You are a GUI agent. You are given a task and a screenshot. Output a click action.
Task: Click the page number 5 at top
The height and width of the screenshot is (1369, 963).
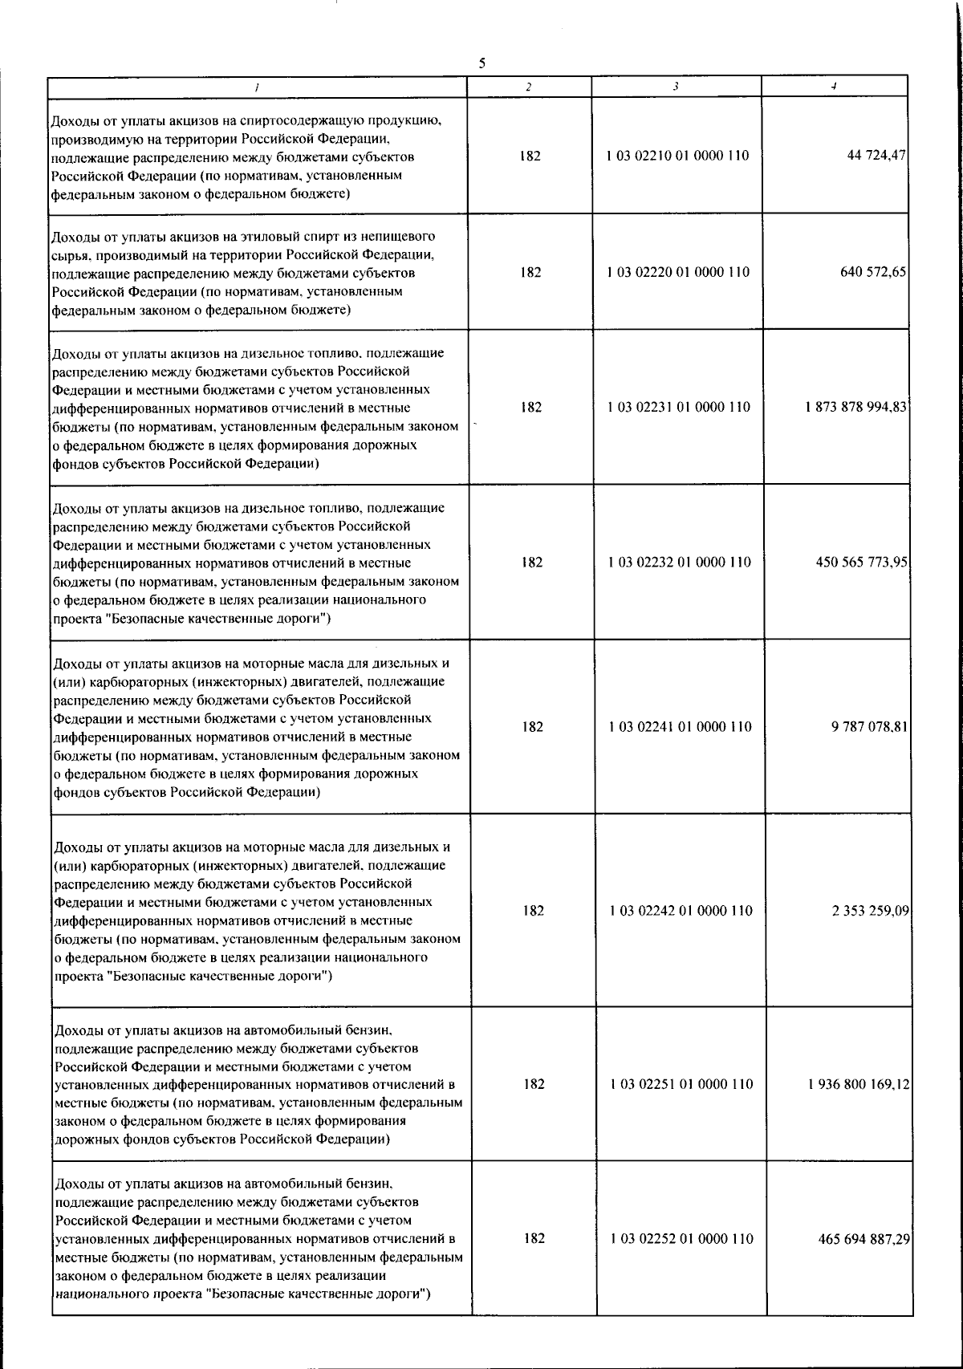coord(481,63)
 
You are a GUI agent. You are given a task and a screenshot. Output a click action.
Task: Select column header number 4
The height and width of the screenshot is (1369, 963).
coord(835,87)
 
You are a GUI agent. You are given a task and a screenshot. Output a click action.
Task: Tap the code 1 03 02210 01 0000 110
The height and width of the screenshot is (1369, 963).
coord(679,156)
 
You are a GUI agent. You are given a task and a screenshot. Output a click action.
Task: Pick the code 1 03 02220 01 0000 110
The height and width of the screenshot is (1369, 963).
coord(679,272)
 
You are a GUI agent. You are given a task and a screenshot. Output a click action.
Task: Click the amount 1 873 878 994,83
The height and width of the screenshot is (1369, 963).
coord(856,407)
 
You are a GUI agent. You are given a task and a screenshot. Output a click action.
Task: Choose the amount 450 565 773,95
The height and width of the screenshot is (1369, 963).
coord(861,562)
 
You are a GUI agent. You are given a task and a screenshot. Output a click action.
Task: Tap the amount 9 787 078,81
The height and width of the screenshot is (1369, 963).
coord(869,727)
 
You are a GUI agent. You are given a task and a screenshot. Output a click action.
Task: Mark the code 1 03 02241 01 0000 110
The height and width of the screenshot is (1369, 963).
coord(681,727)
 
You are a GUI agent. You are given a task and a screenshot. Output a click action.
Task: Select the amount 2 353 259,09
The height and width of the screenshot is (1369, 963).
coord(870,911)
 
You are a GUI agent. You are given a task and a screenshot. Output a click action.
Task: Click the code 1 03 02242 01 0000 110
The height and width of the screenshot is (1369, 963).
coord(681,911)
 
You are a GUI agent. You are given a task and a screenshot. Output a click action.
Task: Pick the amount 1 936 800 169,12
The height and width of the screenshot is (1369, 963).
coord(859,1084)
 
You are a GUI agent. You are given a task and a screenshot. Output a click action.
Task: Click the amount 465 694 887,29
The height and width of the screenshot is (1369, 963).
coord(863,1239)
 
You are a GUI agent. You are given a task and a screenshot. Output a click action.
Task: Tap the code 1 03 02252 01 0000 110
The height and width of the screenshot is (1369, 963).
coord(682,1239)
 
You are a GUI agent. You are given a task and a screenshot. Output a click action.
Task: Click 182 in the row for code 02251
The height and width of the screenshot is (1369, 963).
coord(534,1084)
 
